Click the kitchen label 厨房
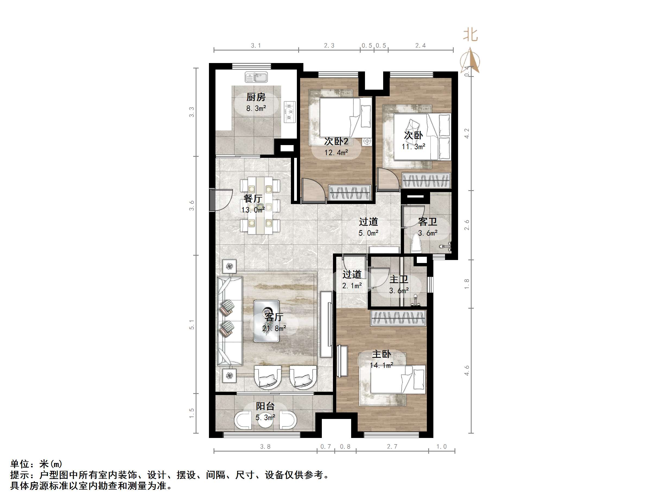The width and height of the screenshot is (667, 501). (256, 97)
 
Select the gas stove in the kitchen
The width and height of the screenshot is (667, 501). (290, 112)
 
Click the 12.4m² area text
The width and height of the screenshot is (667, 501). (336, 152)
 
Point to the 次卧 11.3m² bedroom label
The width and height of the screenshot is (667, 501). (413, 135)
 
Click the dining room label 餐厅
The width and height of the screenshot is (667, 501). (253, 198)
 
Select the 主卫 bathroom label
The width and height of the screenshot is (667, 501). (399, 279)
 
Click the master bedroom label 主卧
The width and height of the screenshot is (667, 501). (381, 354)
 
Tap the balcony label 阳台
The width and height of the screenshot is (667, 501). (265, 406)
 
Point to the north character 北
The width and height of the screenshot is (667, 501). (470, 35)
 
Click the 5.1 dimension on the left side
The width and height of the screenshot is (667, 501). (192, 325)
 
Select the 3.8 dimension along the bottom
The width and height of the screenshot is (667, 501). (265, 446)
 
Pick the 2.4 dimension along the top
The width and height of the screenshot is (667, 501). (420, 46)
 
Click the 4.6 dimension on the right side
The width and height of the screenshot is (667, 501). (467, 370)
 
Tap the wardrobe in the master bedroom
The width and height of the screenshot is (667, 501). (398, 318)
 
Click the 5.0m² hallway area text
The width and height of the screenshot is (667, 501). (368, 233)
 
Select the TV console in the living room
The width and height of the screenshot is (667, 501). (326, 324)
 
